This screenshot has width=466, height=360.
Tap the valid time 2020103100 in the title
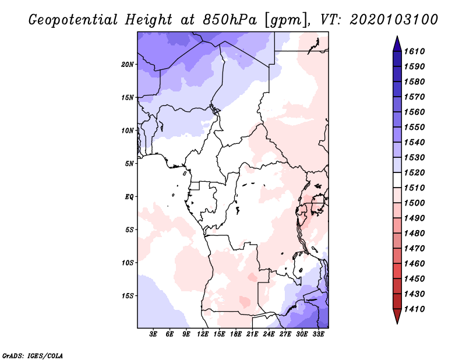tap(394, 20)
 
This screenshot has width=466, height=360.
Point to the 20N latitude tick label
tap(128, 64)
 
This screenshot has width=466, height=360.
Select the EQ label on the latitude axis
tap(129, 196)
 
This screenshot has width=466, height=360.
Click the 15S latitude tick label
tap(128, 295)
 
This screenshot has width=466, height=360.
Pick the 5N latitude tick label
tap(129, 163)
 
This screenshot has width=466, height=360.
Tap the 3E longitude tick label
tap(154, 335)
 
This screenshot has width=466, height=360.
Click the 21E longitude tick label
tap(252, 335)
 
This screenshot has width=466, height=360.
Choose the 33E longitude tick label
tap(318, 335)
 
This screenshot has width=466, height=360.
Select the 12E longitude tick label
tap(203, 335)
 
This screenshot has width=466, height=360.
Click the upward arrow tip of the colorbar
tap(397, 38)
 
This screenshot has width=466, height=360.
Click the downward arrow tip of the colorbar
tap(397, 322)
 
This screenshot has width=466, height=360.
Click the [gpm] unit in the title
tap(285, 20)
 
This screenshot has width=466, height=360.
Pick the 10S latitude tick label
tap(128, 262)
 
